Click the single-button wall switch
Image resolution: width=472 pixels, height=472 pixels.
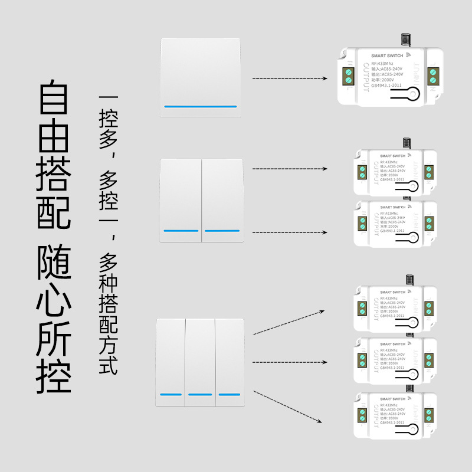click(x=201, y=77)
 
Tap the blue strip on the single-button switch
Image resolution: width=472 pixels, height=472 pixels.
click(x=201, y=107)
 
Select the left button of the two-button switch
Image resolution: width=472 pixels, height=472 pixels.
click(x=180, y=199)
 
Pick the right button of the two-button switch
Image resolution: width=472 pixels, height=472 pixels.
click(x=222, y=199)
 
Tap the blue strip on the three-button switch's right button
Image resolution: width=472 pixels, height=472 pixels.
click(x=230, y=394)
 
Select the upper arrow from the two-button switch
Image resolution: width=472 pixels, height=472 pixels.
click(x=289, y=169)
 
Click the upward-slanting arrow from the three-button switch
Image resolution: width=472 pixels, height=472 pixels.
click(x=289, y=322)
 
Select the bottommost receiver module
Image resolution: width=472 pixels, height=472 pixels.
click(x=394, y=414)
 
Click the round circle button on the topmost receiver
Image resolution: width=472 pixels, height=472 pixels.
click(x=415, y=94)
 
